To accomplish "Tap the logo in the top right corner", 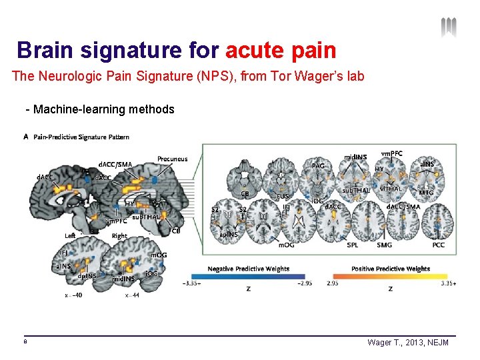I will pyautogui.click(x=449, y=27).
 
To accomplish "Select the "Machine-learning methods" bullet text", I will pyautogui.click(x=103, y=109).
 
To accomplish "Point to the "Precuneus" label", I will pyautogui.click(x=172, y=159).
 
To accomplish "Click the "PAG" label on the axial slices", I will pyautogui.click(x=318, y=165).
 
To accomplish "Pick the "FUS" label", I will pyautogui.click(x=283, y=196).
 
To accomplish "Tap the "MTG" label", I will pyautogui.click(x=426, y=192).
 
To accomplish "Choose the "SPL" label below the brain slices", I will pyautogui.click(x=353, y=245).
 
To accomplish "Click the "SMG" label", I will pyautogui.click(x=384, y=245).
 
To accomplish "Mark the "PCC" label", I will pyautogui.click(x=438, y=245).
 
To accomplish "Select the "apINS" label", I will pyautogui.click(x=229, y=234).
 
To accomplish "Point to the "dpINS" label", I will pyautogui.click(x=87, y=275).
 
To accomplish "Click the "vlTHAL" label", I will pyautogui.click(x=391, y=189).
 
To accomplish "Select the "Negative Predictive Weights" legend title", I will pyautogui.click(x=248, y=269).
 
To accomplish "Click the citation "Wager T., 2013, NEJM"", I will pyautogui.click(x=408, y=342).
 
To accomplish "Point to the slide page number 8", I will pyautogui.click(x=25, y=341).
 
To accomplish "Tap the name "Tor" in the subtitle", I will pyautogui.click(x=279, y=76).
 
